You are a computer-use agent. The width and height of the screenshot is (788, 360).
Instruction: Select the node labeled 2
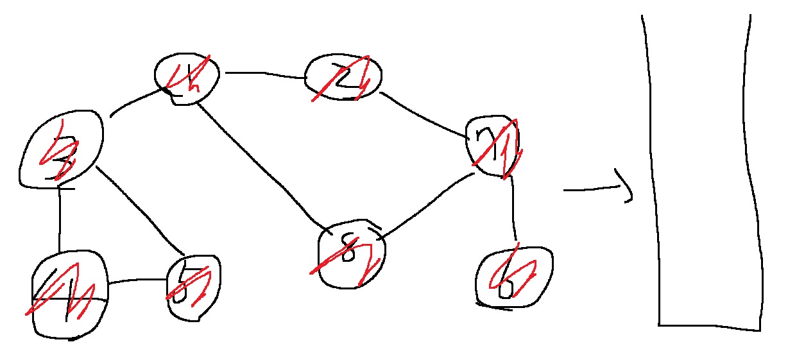click(344, 77)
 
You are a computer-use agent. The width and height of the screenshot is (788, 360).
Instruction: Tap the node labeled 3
click(61, 151)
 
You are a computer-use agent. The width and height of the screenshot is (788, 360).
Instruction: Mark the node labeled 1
click(69, 295)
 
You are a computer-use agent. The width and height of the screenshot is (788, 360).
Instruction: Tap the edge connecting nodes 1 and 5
click(137, 281)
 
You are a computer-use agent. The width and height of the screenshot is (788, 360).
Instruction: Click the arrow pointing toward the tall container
click(597, 189)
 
